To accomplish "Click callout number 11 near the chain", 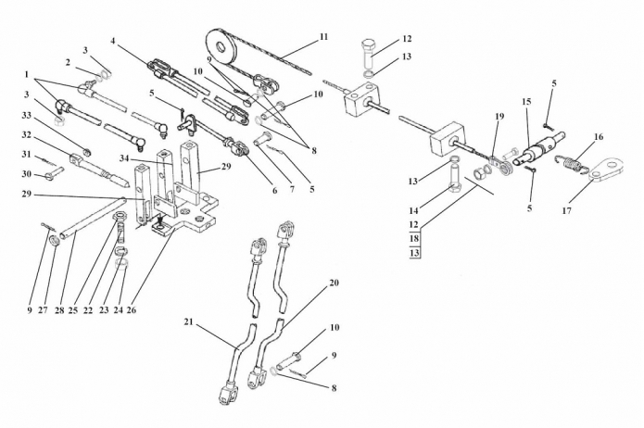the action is coord(323,37).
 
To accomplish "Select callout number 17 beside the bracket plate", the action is coord(567,210).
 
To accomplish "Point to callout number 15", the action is coord(526,102).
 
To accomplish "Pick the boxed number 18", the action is coord(414,239).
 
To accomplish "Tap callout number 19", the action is coord(499,116).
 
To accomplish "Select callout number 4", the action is coord(114,41).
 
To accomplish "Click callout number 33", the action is coord(26,116).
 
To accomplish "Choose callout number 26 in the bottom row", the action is coord(131,310).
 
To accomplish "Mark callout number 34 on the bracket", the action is coord(125,158).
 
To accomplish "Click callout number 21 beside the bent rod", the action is coord(188,322).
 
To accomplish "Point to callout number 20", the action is coord(335,283).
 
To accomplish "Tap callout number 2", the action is coord(68,62).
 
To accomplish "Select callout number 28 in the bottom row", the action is coord(59,310).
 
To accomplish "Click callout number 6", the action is coord(275,190).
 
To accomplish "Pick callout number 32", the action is coord(26,134).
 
